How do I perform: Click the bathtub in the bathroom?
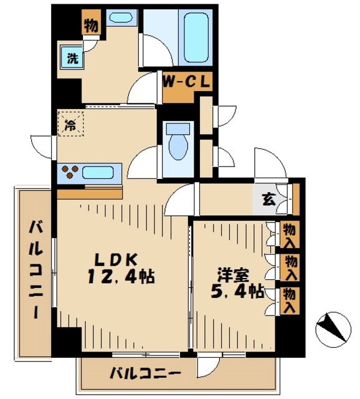tap(196, 37)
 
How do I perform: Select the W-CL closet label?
tap(187, 82)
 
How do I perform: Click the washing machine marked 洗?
tap(72, 57)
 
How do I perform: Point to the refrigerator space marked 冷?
tap(70, 123)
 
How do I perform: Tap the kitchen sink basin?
tap(98, 173)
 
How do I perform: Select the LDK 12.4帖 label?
tap(121, 268)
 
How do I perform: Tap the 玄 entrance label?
tap(269, 199)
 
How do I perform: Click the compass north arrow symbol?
tap(333, 330)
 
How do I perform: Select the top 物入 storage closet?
tap(290, 235)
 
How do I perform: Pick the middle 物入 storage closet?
tap(290, 267)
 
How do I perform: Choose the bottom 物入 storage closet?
tap(290, 300)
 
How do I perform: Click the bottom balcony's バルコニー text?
tap(145, 373)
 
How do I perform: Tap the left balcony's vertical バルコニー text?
tap(36, 270)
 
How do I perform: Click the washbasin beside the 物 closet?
tap(120, 17)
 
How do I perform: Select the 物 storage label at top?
tap(91, 25)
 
